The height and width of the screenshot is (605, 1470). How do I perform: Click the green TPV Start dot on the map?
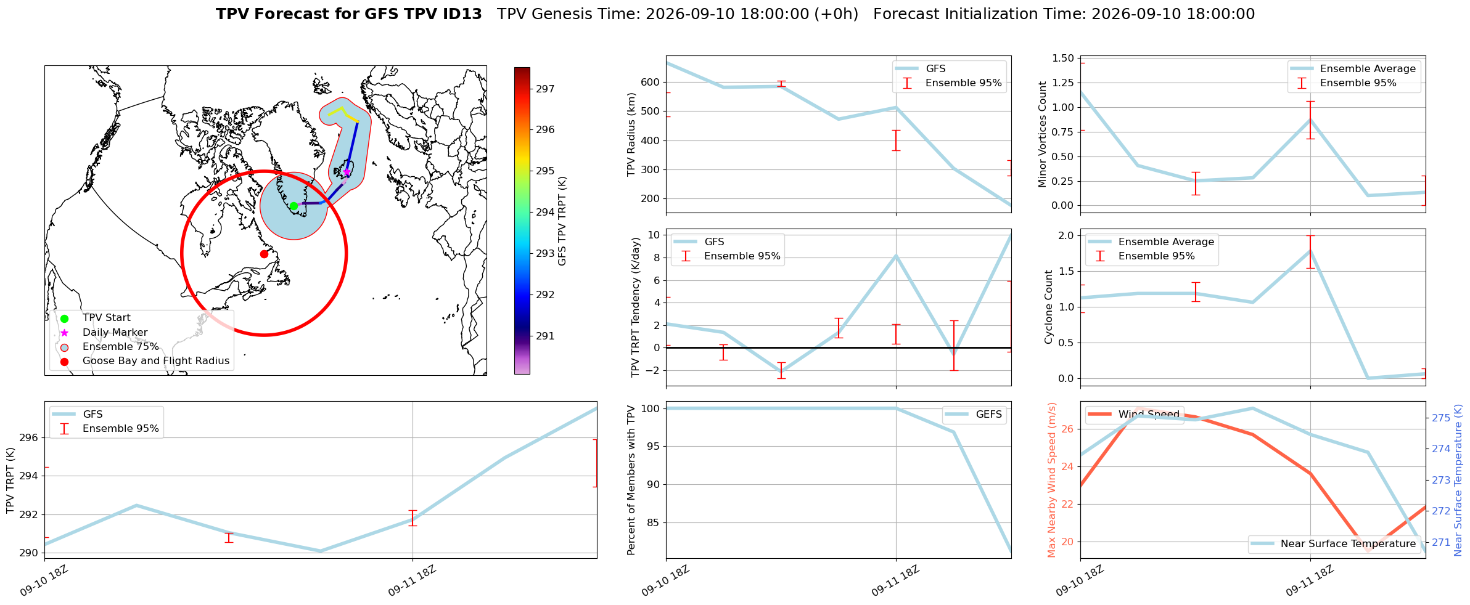click(294, 206)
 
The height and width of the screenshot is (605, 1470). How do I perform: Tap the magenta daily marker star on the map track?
click(347, 172)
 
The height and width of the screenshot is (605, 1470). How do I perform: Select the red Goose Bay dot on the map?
click(264, 254)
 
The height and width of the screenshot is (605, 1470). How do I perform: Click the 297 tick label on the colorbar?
click(545, 89)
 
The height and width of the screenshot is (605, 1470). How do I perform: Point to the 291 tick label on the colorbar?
click(545, 336)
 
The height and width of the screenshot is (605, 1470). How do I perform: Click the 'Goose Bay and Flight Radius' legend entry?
click(156, 361)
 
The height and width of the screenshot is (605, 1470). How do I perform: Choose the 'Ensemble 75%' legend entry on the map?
click(121, 347)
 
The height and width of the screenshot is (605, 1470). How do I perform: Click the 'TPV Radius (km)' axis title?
click(631, 134)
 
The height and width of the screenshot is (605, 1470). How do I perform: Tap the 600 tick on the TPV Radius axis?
click(651, 82)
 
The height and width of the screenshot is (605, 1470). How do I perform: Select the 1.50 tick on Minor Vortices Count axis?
click(1062, 58)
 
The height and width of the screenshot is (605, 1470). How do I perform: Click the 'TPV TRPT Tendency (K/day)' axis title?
click(636, 307)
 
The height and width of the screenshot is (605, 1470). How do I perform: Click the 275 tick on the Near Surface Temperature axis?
click(1441, 418)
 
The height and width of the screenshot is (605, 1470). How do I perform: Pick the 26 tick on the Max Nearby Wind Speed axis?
click(1068, 429)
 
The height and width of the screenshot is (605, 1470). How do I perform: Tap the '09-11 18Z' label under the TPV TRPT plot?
click(411, 580)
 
